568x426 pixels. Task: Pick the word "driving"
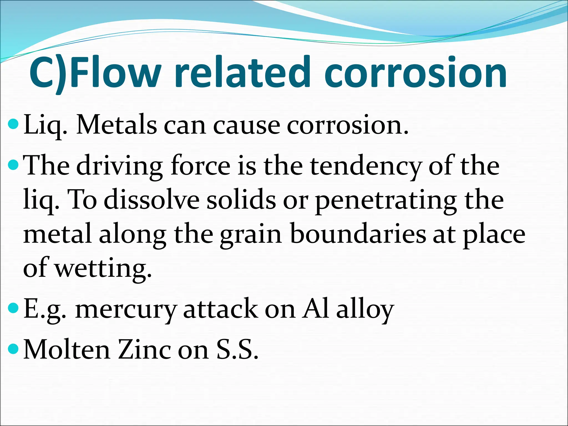(x=119, y=166)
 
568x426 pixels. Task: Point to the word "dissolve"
(x=151, y=200)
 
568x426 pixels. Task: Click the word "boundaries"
(x=358, y=234)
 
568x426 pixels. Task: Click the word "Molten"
(x=67, y=349)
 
